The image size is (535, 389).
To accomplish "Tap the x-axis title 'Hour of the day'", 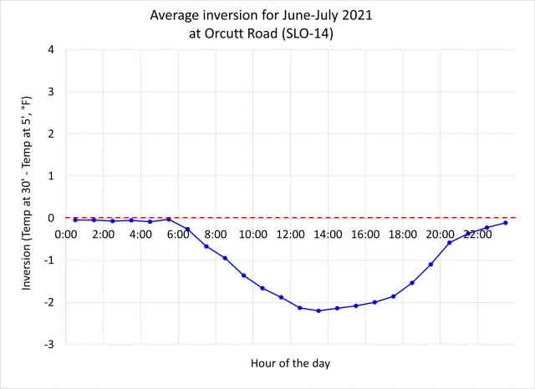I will click(290, 363).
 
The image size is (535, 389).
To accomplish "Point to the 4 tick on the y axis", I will click(51, 49).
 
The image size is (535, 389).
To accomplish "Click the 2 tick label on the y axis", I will click(51, 134).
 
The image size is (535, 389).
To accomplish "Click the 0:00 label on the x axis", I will click(66, 235).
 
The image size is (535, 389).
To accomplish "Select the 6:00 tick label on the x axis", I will click(179, 235).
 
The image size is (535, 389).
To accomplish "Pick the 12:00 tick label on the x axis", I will click(290, 235).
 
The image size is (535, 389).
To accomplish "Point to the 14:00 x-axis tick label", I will click(328, 235).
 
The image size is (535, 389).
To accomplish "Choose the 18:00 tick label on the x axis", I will click(403, 235).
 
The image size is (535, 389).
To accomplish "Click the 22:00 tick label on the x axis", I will click(478, 235).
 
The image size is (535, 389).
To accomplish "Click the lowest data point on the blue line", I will click(318, 311).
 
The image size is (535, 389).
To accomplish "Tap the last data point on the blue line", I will click(506, 223).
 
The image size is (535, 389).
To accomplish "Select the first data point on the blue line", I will click(75, 220).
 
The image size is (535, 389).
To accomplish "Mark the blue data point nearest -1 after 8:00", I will click(225, 258).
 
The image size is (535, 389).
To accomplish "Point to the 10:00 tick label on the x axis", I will click(252, 235).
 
